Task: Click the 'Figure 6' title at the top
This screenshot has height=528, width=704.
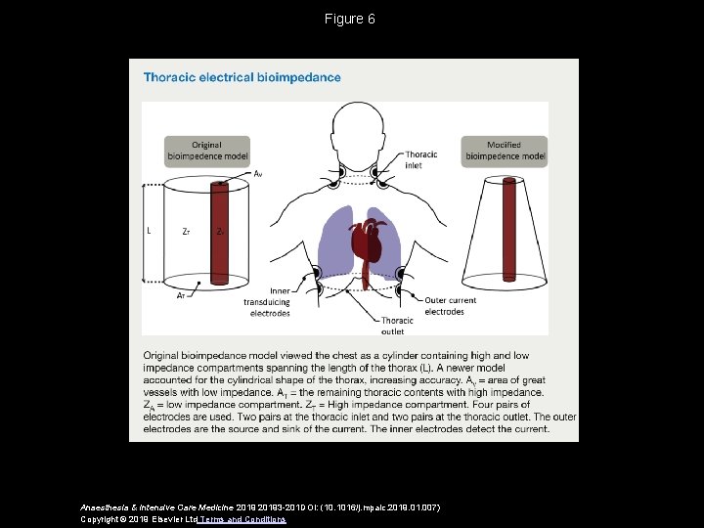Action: pos(351,19)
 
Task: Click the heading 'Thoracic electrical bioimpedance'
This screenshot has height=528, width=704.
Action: pos(242,77)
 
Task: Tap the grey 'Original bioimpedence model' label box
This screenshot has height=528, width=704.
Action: pos(206,151)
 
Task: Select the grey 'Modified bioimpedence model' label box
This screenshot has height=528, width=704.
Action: pos(505,151)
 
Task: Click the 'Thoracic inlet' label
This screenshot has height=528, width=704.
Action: pos(420,159)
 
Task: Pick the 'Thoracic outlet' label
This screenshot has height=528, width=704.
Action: pos(397,326)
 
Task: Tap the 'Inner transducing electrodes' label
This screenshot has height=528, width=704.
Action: pos(267,302)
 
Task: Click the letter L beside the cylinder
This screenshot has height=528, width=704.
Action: pos(149,232)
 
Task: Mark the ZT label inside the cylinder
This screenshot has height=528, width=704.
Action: pos(187,233)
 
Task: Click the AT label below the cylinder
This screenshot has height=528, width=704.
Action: pos(182,295)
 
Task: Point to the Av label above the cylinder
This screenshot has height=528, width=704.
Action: pos(257,174)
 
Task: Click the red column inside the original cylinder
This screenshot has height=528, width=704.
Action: pos(220,235)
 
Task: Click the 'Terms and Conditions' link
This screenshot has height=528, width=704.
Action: pos(242,519)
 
